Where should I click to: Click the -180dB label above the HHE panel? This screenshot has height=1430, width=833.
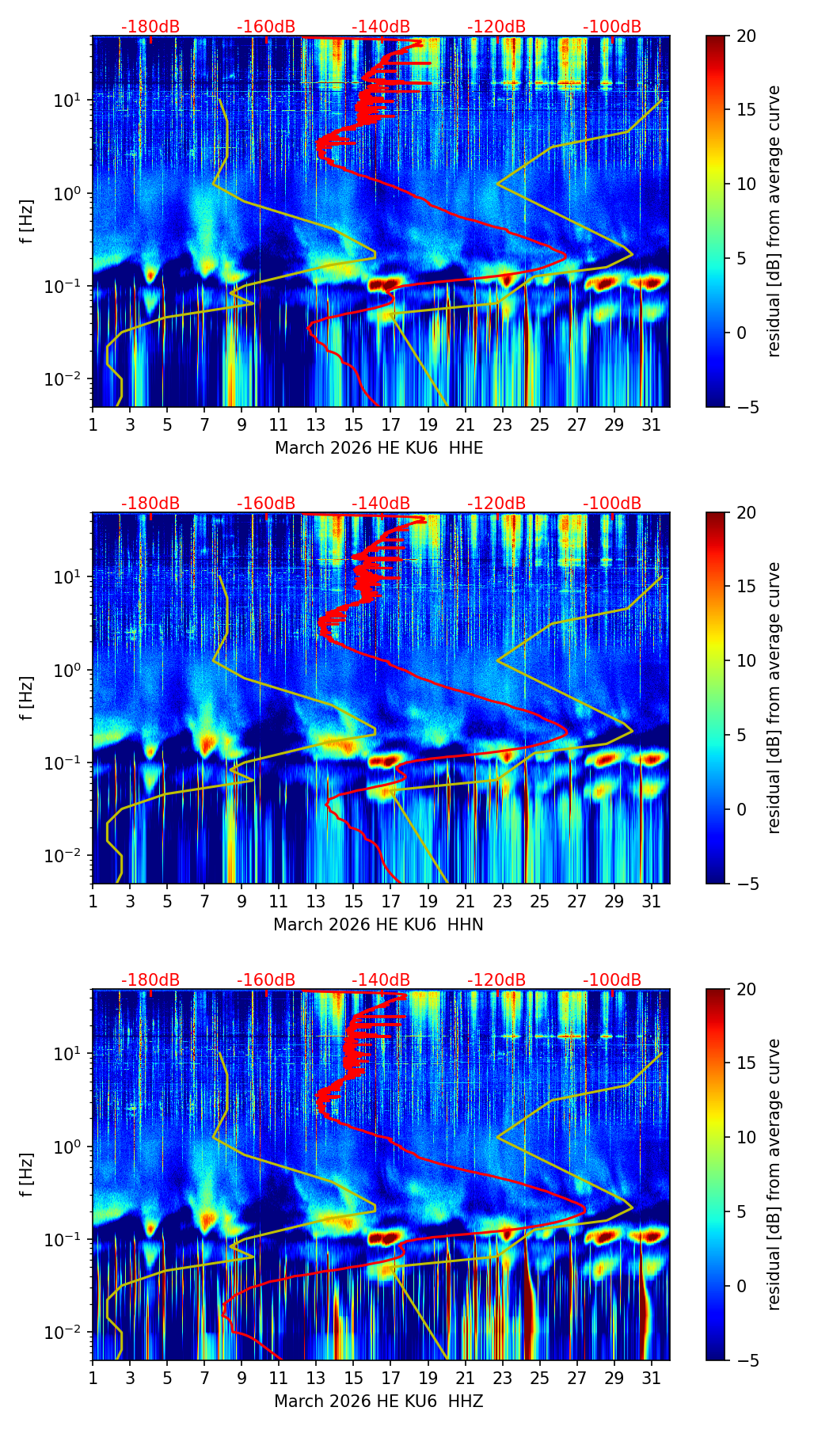(150, 27)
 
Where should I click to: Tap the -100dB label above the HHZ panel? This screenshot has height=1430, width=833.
(612, 980)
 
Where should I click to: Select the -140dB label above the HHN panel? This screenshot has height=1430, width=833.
(381, 504)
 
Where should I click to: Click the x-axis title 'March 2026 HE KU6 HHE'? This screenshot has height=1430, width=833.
(378, 448)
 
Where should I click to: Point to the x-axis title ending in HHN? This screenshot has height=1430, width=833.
(378, 925)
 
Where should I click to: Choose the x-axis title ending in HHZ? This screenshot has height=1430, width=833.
(378, 1401)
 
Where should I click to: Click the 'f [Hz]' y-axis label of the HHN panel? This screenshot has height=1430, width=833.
(27, 698)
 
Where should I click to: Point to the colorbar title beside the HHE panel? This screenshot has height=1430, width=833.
(774, 221)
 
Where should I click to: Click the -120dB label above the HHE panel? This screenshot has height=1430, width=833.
(496, 27)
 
